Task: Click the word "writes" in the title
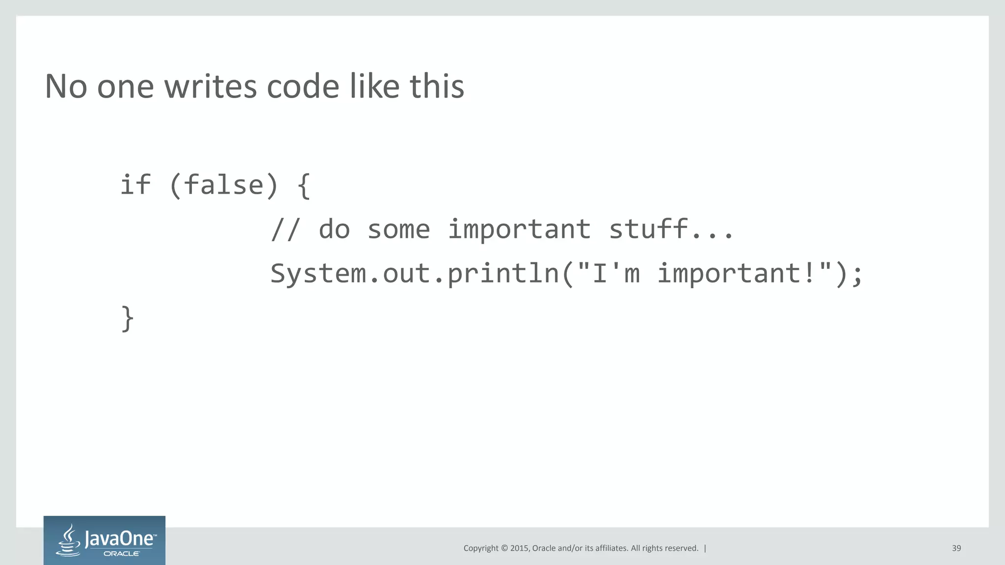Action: (210, 86)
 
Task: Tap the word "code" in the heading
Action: (303, 86)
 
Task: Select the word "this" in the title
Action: (436, 86)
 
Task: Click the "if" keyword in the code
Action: (135, 185)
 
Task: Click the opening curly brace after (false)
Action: (304, 186)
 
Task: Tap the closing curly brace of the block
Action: (127, 319)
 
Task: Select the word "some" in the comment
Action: (398, 229)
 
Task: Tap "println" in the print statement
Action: (503, 273)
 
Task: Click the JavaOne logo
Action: (105, 540)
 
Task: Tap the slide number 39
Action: (956, 548)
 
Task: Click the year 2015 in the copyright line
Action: (519, 548)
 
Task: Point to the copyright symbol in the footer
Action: (503, 548)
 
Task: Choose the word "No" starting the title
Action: (66, 86)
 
